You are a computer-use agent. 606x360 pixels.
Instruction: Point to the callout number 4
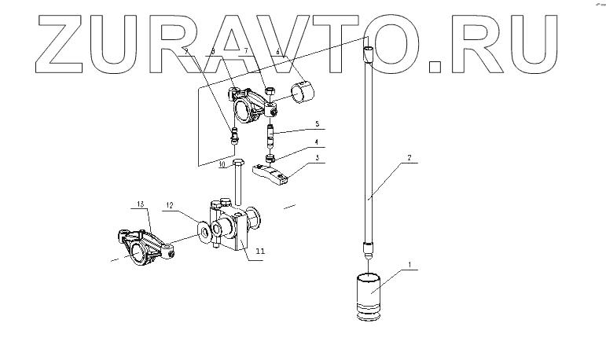[x=318, y=141]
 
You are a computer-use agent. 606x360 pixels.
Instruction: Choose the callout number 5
[x=318, y=124]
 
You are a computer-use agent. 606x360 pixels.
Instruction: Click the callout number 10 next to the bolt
[x=222, y=164]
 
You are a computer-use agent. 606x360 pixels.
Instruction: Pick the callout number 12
[x=168, y=206]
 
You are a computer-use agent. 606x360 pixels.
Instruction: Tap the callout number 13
[x=141, y=204]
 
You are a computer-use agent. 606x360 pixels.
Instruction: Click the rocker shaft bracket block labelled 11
[x=229, y=228]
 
